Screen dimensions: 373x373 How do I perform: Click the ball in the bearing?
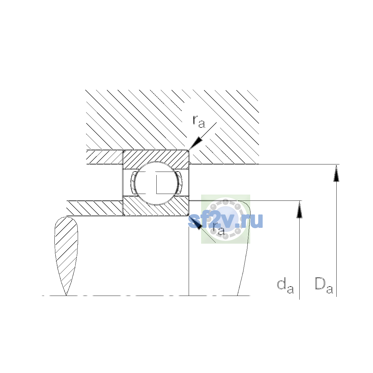coord(156,183)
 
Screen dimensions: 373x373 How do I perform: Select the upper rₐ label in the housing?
coord(199,122)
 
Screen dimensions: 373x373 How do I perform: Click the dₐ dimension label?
coord(285,289)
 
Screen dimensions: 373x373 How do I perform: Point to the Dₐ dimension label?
coord(324,289)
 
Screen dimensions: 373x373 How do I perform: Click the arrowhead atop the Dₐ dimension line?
coord(336,173)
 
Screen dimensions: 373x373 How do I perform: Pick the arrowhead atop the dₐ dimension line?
coord(299,210)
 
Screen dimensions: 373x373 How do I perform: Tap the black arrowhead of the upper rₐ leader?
coord(196,143)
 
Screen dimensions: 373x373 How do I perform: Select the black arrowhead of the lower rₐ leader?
coord(196,223)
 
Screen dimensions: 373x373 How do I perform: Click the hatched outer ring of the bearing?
coord(156,157)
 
